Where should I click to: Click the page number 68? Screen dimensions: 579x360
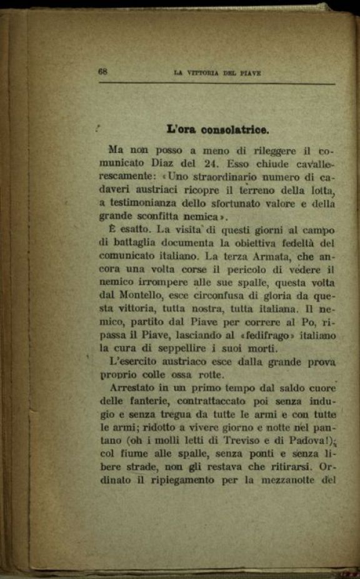[103, 71]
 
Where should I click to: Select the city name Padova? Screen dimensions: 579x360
[304, 441]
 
